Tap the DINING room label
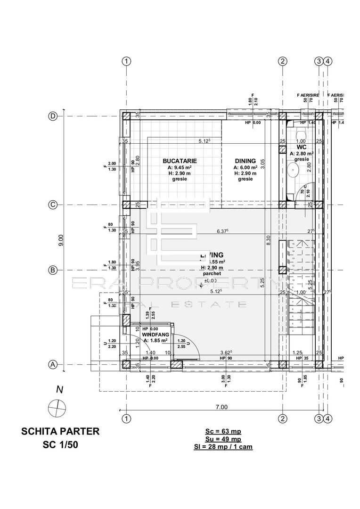(245, 161)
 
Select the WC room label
(302, 147)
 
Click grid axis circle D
(53, 116)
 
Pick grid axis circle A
(53, 364)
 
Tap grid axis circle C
(53, 205)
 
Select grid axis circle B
(53, 270)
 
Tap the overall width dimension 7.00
(221, 407)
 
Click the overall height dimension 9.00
(60, 240)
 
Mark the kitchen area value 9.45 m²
(180, 167)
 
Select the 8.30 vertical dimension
(268, 240)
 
